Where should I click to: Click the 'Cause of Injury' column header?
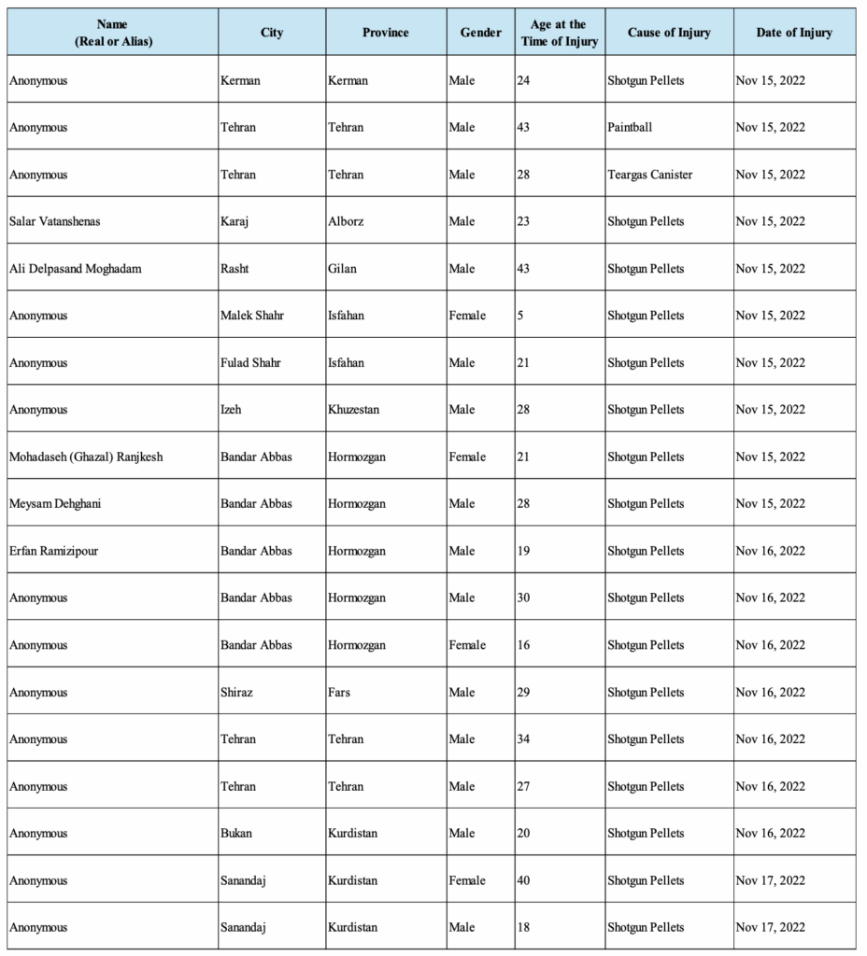[x=668, y=33]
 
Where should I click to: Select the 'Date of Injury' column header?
[x=794, y=33]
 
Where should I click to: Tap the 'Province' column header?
[x=385, y=33]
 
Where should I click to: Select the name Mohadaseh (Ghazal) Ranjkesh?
[x=86, y=457]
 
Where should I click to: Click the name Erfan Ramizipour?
[x=53, y=552]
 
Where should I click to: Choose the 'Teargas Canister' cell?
[x=649, y=175]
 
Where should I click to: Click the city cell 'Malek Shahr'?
[x=252, y=316]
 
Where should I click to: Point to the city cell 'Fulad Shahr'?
[x=250, y=363]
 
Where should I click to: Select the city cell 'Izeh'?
[x=233, y=410]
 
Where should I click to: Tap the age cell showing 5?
[x=519, y=316]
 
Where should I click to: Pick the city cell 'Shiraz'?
[x=237, y=693]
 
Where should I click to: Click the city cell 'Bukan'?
[x=235, y=834]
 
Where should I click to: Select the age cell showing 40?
[x=523, y=880]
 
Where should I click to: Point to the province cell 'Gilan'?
[x=342, y=269]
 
